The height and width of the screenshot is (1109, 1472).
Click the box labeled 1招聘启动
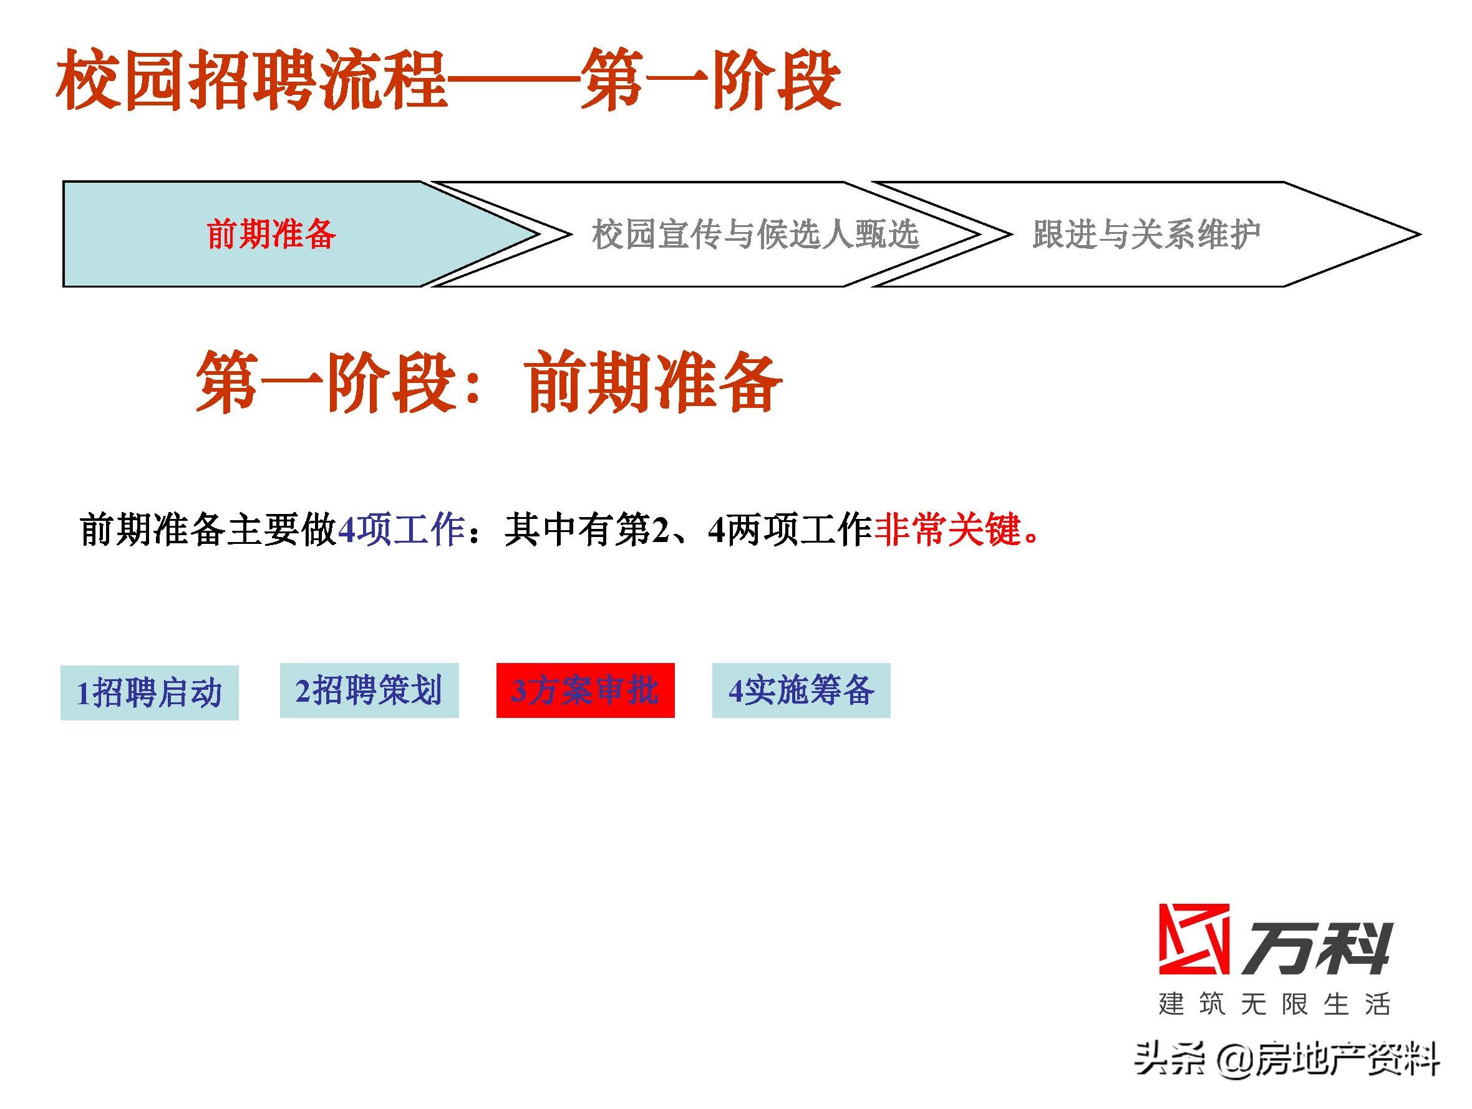click(149, 692)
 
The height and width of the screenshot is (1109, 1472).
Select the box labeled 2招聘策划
click(369, 690)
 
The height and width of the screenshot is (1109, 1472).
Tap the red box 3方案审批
click(585, 690)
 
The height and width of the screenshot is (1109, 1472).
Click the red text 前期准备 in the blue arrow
click(271, 235)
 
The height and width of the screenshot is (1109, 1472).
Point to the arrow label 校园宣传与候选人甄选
click(755, 235)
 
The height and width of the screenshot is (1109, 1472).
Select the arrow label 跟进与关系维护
click(1146, 235)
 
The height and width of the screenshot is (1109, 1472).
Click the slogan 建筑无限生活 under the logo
click(1274, 1004)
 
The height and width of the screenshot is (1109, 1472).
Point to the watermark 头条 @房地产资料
click(1287, 1058)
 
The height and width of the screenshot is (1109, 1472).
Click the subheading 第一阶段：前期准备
click(488, 384)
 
